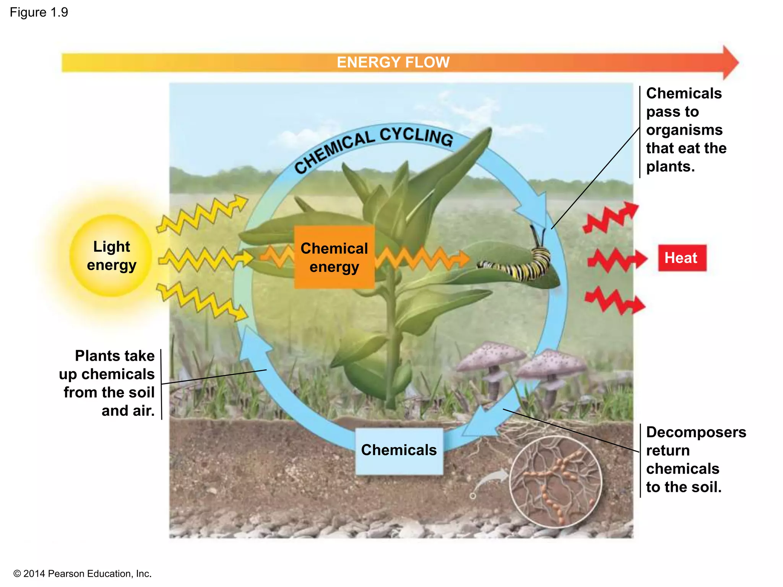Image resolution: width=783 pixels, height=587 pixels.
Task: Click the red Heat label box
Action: pyautogui.click(x=682, y=258)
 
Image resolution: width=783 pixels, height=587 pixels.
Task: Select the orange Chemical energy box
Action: pyautogui.click(x=334, y=257)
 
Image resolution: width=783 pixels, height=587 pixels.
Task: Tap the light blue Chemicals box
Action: pyautogui.click(x=399, y=451)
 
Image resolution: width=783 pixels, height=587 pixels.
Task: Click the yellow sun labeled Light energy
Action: pyautogui.click(x=111, y=256)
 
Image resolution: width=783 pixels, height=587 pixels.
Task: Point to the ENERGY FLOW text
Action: pyautogui.click(x=393, y=62)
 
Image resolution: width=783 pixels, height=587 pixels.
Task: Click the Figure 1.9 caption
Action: pyautogui.click(x=39, y=12)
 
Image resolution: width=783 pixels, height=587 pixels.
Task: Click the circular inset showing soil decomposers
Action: pyautogui.click(x=555, y=482)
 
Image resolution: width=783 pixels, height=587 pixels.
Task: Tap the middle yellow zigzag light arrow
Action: pyautogui.click(x=205, y=259)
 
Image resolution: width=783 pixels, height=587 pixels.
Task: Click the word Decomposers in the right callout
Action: pyautogui.click(x=696, y=432)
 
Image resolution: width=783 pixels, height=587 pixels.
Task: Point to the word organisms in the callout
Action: pyautogui.click(x=684, y=130)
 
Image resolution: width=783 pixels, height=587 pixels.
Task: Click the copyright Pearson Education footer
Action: pyautogui.click(x=83, y=574)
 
